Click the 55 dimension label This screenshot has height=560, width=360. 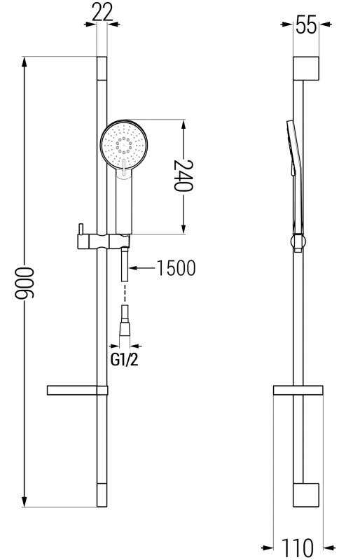[x=306, y=25]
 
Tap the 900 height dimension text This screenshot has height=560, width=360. [x=25, y=283]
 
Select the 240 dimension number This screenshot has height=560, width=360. [x=184, y=176]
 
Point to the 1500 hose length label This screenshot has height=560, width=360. [x=176, y=268]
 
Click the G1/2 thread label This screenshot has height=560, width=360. [x=124, y=360]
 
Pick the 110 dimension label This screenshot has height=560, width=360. [x=298, y=547]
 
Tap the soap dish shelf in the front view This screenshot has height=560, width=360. [x=77, y=391]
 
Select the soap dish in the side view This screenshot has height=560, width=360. [x=298, y=391]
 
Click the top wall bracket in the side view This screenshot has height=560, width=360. [x=306, y=68]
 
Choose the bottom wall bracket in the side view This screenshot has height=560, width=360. [x=306, y=495]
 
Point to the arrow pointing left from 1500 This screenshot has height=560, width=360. [x=142, y=268]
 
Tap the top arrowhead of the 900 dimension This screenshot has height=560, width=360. [x=25, y=62]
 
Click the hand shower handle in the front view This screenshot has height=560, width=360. [x=124, y=202]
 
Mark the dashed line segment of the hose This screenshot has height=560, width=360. [x=125, y=292]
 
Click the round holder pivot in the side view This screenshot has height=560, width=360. [x=298, y=241]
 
